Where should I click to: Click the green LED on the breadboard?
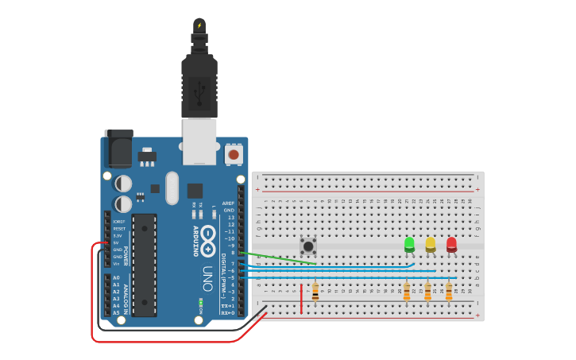click(409, 244)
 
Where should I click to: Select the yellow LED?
click(431, 244)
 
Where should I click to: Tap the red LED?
click(451, 244)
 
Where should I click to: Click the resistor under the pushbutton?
click(315, 292)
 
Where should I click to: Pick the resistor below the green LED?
click(407, 292)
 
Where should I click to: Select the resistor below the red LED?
click(449, 292)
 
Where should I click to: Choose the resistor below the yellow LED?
click(427, 292)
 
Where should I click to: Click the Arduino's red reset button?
click(234, 153)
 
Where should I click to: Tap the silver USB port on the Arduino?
click(199, 141)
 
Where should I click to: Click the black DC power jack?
click(118, 149)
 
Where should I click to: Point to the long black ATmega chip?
click(144, 264)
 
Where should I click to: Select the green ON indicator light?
click(201, 303)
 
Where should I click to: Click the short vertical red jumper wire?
click(301, 298)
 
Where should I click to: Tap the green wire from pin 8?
click(278, 258)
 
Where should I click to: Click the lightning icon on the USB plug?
click(199, 25)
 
